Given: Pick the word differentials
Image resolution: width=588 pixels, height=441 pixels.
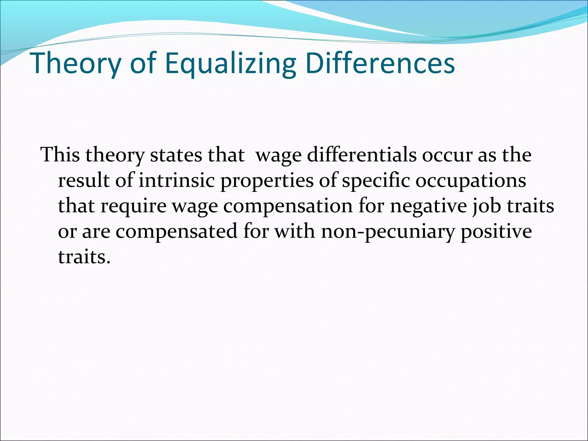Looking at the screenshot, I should (x=361, y=155).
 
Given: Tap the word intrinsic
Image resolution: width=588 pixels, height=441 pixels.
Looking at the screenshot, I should (x=177, y=181).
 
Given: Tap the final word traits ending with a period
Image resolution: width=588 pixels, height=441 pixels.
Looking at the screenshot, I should (x=84, y=257).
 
